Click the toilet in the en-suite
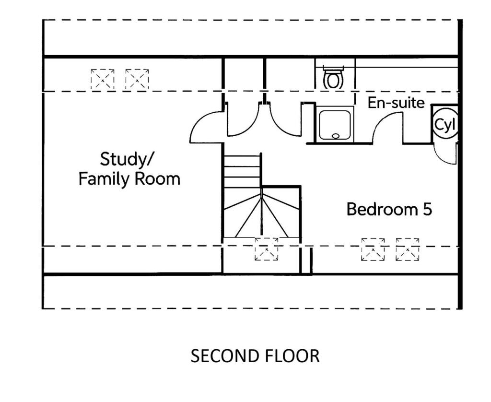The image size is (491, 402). click(x=333, y=79)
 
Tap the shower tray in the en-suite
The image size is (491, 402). click(x=336, y=124)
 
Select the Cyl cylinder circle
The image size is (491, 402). click(x=444, y=125)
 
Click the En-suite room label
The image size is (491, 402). click(x=396, y=103)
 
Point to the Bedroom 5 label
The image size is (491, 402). click(x=389, y=209)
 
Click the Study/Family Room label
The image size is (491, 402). click(x=129, y=169)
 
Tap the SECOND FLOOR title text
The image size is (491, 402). click(x=255, y=356)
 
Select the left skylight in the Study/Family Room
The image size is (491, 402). click(x=103, y=80)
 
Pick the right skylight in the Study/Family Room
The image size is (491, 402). click(x=137, y=80)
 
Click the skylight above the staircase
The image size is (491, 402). click(x=266, y=249)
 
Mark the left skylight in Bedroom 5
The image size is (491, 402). click(x=373, y=249)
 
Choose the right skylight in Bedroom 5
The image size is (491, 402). click(x=407, y=249)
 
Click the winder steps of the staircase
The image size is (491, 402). click(x=261, y=216)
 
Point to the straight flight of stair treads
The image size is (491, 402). click(x=243, y=171)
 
